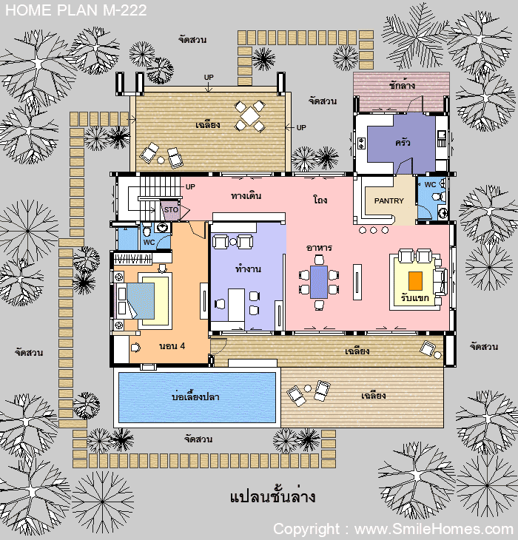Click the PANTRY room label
pyautogui.click(x=388, y=200)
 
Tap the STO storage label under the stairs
pyautogui.click(x=171, y=210)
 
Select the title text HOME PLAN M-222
pyautogui.click(x=76, y=10)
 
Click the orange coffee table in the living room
pyautogui.click(x=416, y=281)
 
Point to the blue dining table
pyautogui.click(x=319, y=282)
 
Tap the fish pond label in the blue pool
pyautogui.click(x=195, y=397)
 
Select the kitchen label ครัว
pyautogui.click(x=403, y=142)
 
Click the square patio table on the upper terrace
pyautogui.click(x=250, y=116)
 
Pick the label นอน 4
pyautogui.click(x=172, y=346)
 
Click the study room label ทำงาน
pyautogui.click(x=248, y=269)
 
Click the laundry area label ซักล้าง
pyautogui.click(x=402, y=85)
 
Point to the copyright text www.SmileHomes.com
pyautogui.click(x=434, y=529)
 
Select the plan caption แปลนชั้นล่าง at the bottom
pyautogui.click(x=272, y=496)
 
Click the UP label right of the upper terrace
pyautogui.click(x=301, y=128)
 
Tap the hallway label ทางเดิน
pyautogui.click(x=246, y=196)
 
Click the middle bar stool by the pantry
pyautogui.click(x=374, y=230)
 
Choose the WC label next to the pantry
pyautogui.click(x=430, y=185)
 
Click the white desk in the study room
pyautogui.click(x=236, y=305)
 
